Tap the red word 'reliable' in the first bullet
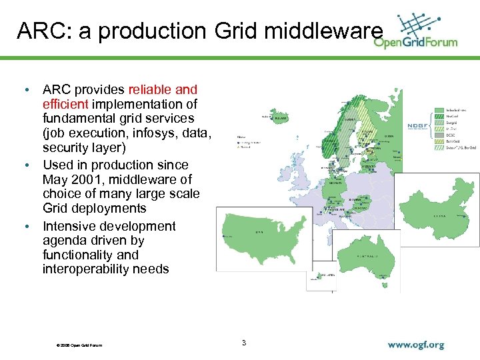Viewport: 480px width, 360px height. click(152, 89)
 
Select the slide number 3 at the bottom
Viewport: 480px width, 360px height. click(244, 343)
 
